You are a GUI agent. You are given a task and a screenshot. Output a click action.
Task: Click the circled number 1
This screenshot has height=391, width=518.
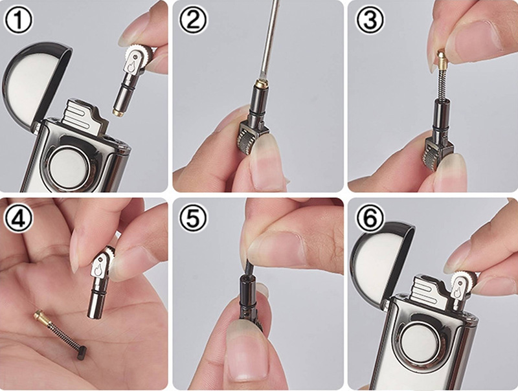[19, 20]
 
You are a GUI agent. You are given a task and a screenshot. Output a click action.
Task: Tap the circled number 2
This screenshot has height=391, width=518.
[194, 20]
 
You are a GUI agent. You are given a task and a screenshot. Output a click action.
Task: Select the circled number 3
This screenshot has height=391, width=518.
[370, 20]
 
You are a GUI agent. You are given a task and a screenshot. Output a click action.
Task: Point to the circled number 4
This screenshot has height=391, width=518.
[19, 218]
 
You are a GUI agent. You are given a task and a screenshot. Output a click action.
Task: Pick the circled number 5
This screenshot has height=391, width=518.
[194, 218]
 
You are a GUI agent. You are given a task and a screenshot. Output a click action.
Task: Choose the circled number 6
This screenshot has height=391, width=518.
[370, 218]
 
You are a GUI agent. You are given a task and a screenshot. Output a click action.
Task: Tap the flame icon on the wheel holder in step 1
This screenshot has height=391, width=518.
[132, 66]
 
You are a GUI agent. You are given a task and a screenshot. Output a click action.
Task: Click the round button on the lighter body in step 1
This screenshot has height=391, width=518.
[69, 167]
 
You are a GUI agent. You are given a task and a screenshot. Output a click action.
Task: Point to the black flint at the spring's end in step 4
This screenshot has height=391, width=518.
[82, 352]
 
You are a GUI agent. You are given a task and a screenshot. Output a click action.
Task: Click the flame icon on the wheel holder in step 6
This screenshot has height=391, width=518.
[457, 291]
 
